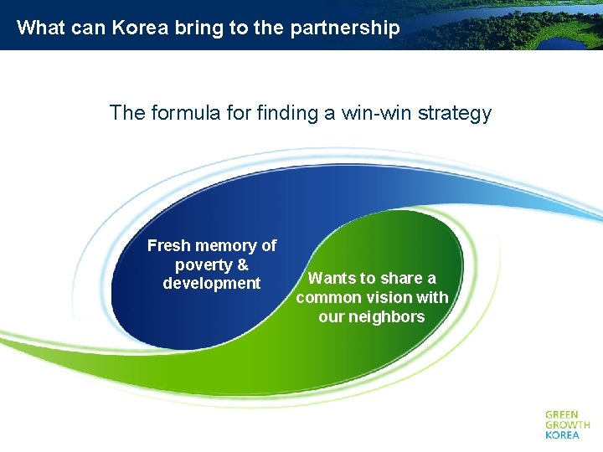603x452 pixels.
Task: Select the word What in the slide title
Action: (40, 28)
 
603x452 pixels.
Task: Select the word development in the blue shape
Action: (212, 283)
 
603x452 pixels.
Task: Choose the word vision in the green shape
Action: (391, 297)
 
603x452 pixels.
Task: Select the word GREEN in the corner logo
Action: (561, 414)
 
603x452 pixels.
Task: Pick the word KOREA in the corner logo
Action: (562, 435)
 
